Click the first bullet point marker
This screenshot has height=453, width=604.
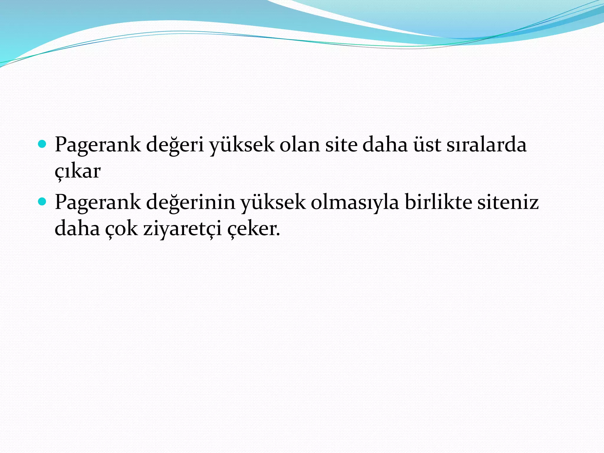(x=42, y=144)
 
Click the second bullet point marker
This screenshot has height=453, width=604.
(x=42, y=202)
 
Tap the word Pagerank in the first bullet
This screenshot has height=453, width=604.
(x=98, y=145)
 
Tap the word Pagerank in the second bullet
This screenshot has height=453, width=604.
(x=98, y=203)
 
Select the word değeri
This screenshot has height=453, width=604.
(x=175, y=145)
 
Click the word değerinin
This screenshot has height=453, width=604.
(x=190, y=203)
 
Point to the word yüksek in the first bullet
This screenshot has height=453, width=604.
(x=242, y=145)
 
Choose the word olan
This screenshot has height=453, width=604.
(x=299, y=145)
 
